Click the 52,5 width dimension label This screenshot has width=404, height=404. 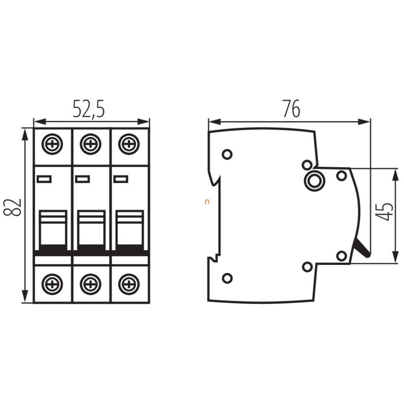pos(89,109)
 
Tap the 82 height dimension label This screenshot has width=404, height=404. pos(12,207)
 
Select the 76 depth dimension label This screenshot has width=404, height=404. pos(292,108)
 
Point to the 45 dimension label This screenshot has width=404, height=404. pos(384,212)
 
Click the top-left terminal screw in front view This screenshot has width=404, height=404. pos(52,144)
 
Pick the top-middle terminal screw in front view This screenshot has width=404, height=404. pos(90,144)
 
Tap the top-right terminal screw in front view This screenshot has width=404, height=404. pos(129,144)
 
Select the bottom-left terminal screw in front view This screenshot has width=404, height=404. pos(52,284)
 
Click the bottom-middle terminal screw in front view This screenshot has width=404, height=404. pos(90,284)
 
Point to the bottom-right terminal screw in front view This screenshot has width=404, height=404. pos(129,284)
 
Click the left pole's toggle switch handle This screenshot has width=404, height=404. pos(53,230)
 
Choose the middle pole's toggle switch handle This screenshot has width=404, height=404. pos(92,230)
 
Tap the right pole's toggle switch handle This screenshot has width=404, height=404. pos(130,230)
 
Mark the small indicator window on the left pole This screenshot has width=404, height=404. pos(44,179)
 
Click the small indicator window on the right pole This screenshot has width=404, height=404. pos(121,179)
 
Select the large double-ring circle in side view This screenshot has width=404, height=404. pos(314,181)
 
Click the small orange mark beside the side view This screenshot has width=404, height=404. pos(207,202)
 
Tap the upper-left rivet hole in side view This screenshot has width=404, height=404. pos(227,154)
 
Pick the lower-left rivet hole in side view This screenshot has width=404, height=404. pos(227,278)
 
